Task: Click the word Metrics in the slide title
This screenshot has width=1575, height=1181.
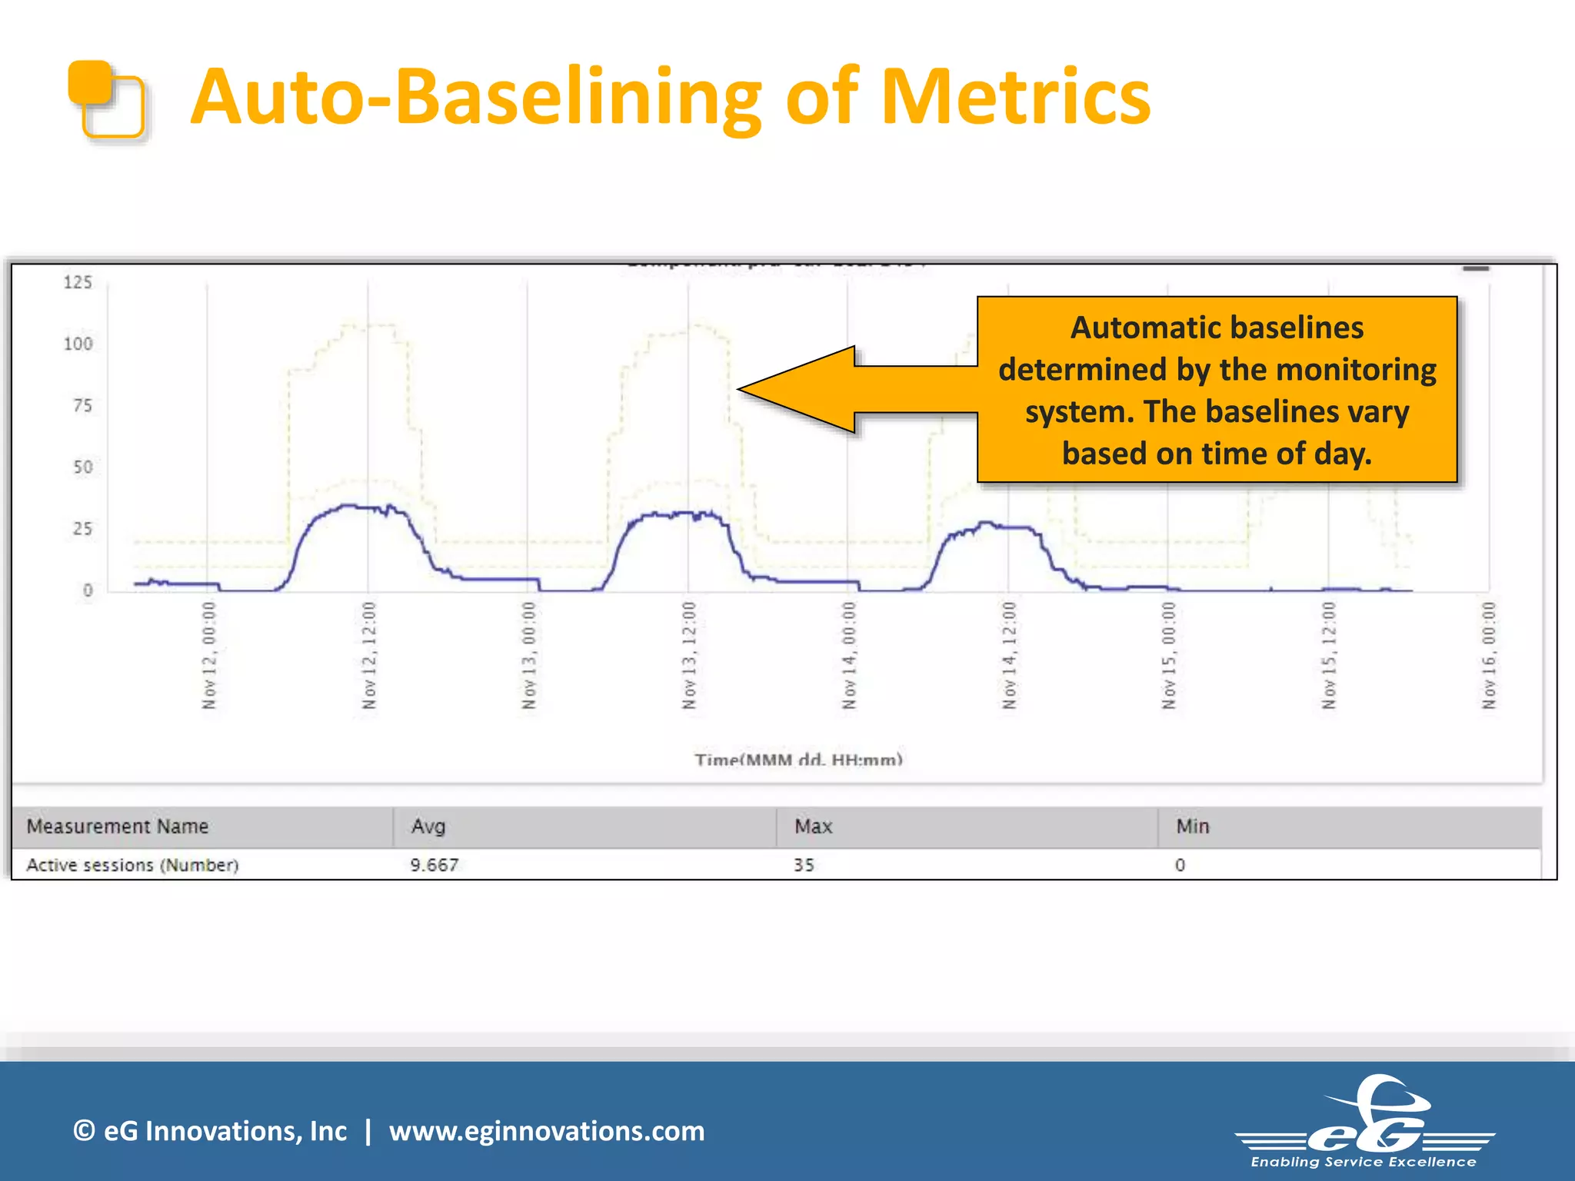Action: click(x=1015, y=98)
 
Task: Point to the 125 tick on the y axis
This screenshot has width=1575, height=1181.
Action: click(x=78, y=282)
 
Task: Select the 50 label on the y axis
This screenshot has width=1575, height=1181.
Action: click(x=82, y=467)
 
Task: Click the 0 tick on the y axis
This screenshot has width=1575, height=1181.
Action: click(x=88, y=590)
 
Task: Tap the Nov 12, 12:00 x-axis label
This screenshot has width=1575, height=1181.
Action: click(x=369, y=656)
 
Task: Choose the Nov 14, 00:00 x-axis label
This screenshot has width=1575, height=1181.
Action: click(x=848, y=656)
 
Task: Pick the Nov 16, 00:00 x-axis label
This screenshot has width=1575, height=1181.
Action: click(x=1489, y=656)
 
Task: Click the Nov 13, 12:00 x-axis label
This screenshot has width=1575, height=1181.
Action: click(x=689, y=656)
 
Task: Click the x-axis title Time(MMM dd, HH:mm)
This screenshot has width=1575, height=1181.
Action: click(x=798, y=760)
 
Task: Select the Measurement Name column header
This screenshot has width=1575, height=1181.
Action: click(x=118, y=827)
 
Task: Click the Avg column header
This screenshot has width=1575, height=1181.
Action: click(x=428, y=827)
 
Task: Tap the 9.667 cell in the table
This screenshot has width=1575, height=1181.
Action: click(x=435, y=865)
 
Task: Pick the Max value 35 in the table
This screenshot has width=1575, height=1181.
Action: click(x=804, y=865)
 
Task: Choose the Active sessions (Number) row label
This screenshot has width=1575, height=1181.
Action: click(x=133, y=865)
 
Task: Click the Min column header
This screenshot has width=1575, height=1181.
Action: click(x=1193, y=827)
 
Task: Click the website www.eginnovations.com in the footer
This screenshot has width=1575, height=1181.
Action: click(x=547, y=1131)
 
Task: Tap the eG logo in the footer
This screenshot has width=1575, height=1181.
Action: click(x=1365, y=1123)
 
